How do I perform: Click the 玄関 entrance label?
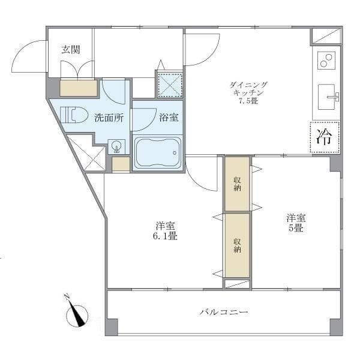(70, 50)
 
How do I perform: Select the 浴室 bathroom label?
(168, 118)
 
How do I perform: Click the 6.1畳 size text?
(166, 237)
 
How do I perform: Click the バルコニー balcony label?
(224, 313)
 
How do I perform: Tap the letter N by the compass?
(68, 296)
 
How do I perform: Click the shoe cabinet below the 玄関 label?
(79, 88)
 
